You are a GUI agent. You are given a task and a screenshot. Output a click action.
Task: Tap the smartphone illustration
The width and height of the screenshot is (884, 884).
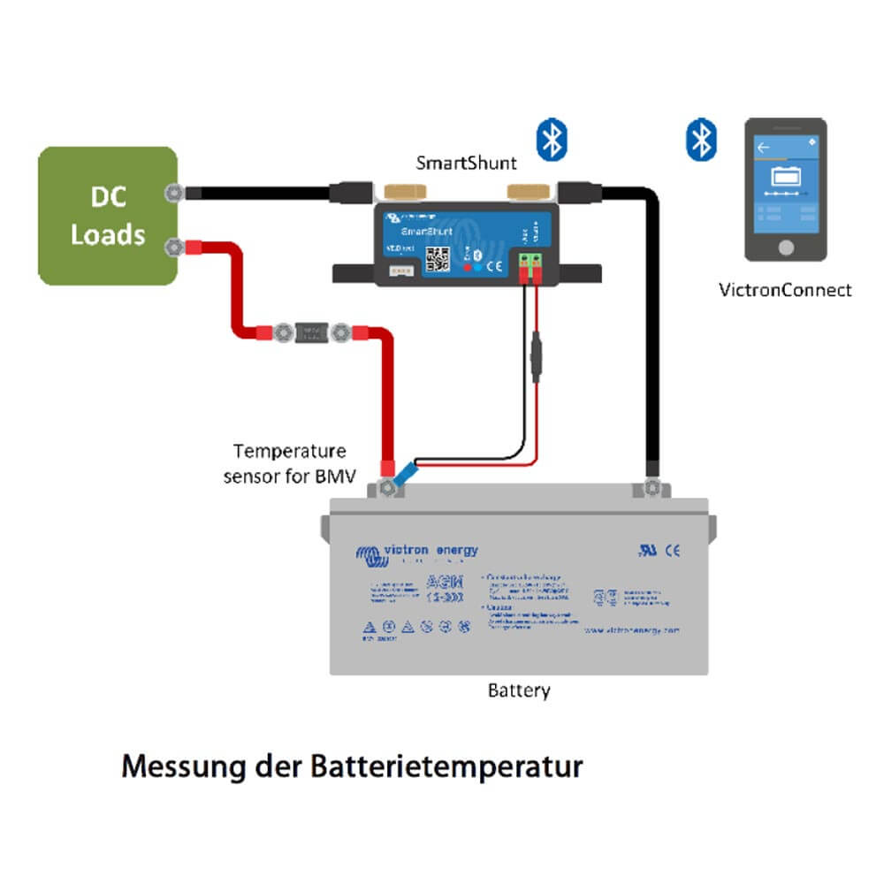click(x=785, y=189)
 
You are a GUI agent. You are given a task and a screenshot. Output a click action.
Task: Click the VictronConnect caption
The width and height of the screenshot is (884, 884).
click(x=786, y=290)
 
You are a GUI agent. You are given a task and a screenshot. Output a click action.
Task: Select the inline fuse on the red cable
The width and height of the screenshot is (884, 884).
click(x=309, y=333)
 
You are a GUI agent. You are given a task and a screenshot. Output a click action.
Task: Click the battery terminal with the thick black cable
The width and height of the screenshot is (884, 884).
click(x=652, y=488)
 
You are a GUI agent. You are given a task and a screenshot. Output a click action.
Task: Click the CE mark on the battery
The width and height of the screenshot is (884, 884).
click(x=673, y=551)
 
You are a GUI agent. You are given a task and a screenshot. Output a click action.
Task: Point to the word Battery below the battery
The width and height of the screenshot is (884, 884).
click(x=519, y=690)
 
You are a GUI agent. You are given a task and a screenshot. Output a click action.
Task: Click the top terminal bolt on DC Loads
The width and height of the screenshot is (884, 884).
click(x=174, y=192)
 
